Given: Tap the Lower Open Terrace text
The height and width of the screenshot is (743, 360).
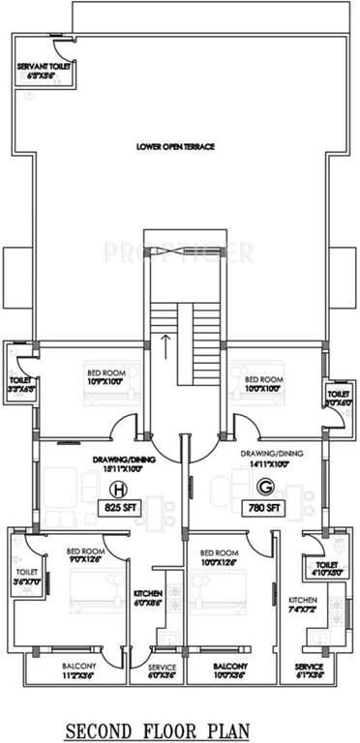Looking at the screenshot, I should (175, 147).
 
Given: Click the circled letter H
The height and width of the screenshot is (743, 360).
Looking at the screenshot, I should (121, 488).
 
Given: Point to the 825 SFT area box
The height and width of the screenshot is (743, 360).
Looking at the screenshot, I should (120, 508).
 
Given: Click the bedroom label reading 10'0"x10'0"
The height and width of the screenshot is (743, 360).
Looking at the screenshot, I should (263, 382).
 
